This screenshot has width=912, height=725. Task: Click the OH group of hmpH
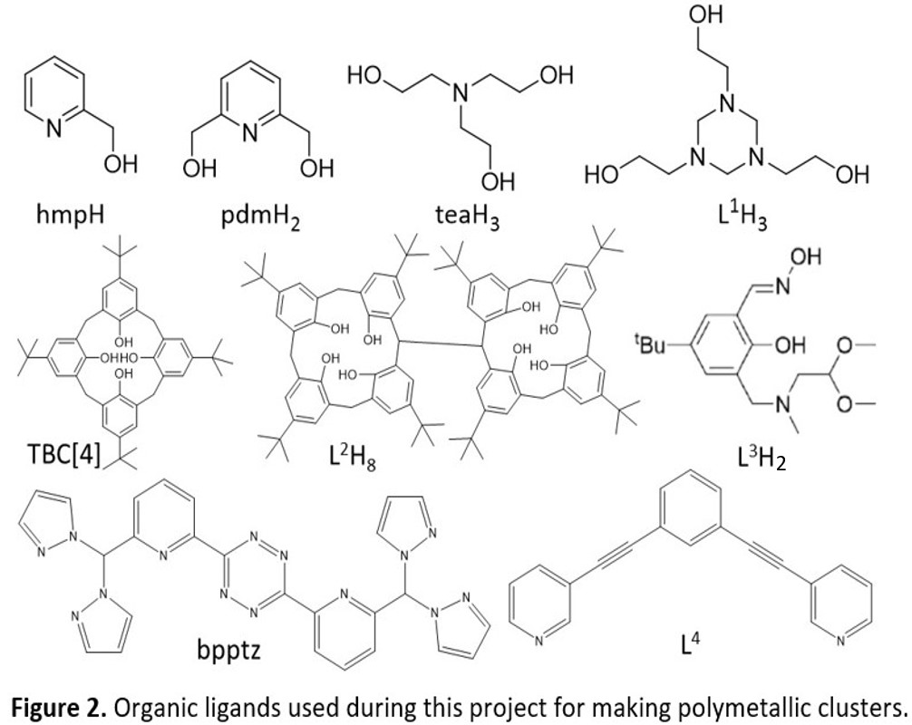pyautogui.click(x=122, y=165)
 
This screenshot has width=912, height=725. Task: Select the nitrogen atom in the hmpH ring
pyautogui.click(x=53, y=130)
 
